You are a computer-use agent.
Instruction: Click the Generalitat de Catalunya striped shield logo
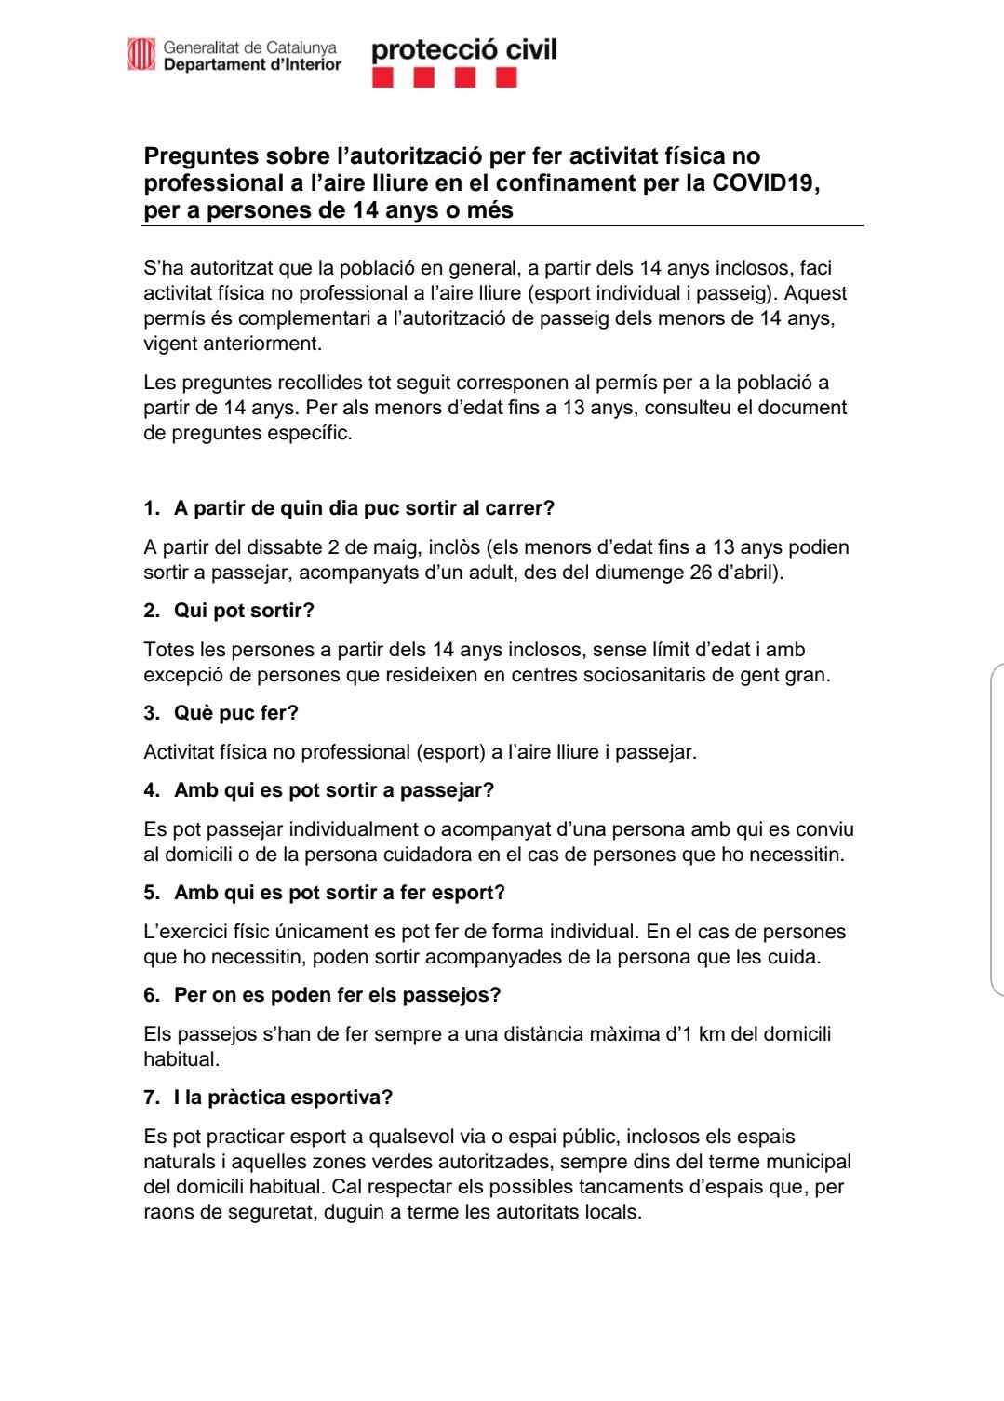tap(141, 54)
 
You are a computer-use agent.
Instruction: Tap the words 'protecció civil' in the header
tap(463, 49)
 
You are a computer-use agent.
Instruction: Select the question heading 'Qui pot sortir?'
tap(244, 611)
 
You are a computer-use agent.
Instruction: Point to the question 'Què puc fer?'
tap(235, 713)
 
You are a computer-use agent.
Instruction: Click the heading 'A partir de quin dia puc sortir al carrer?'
tap(364, 508)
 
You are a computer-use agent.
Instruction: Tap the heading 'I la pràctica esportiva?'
tap(283, 1098)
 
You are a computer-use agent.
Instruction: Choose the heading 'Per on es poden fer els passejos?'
tap(337, 995)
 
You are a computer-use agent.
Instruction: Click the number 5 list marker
tap(151, 893)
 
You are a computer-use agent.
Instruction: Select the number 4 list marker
tap(151, 790)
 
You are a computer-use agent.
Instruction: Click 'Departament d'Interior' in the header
tap(252, 65)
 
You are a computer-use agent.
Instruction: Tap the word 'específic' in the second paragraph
tap(309, 433)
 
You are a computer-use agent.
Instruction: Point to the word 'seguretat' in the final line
tap(242, 1212)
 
